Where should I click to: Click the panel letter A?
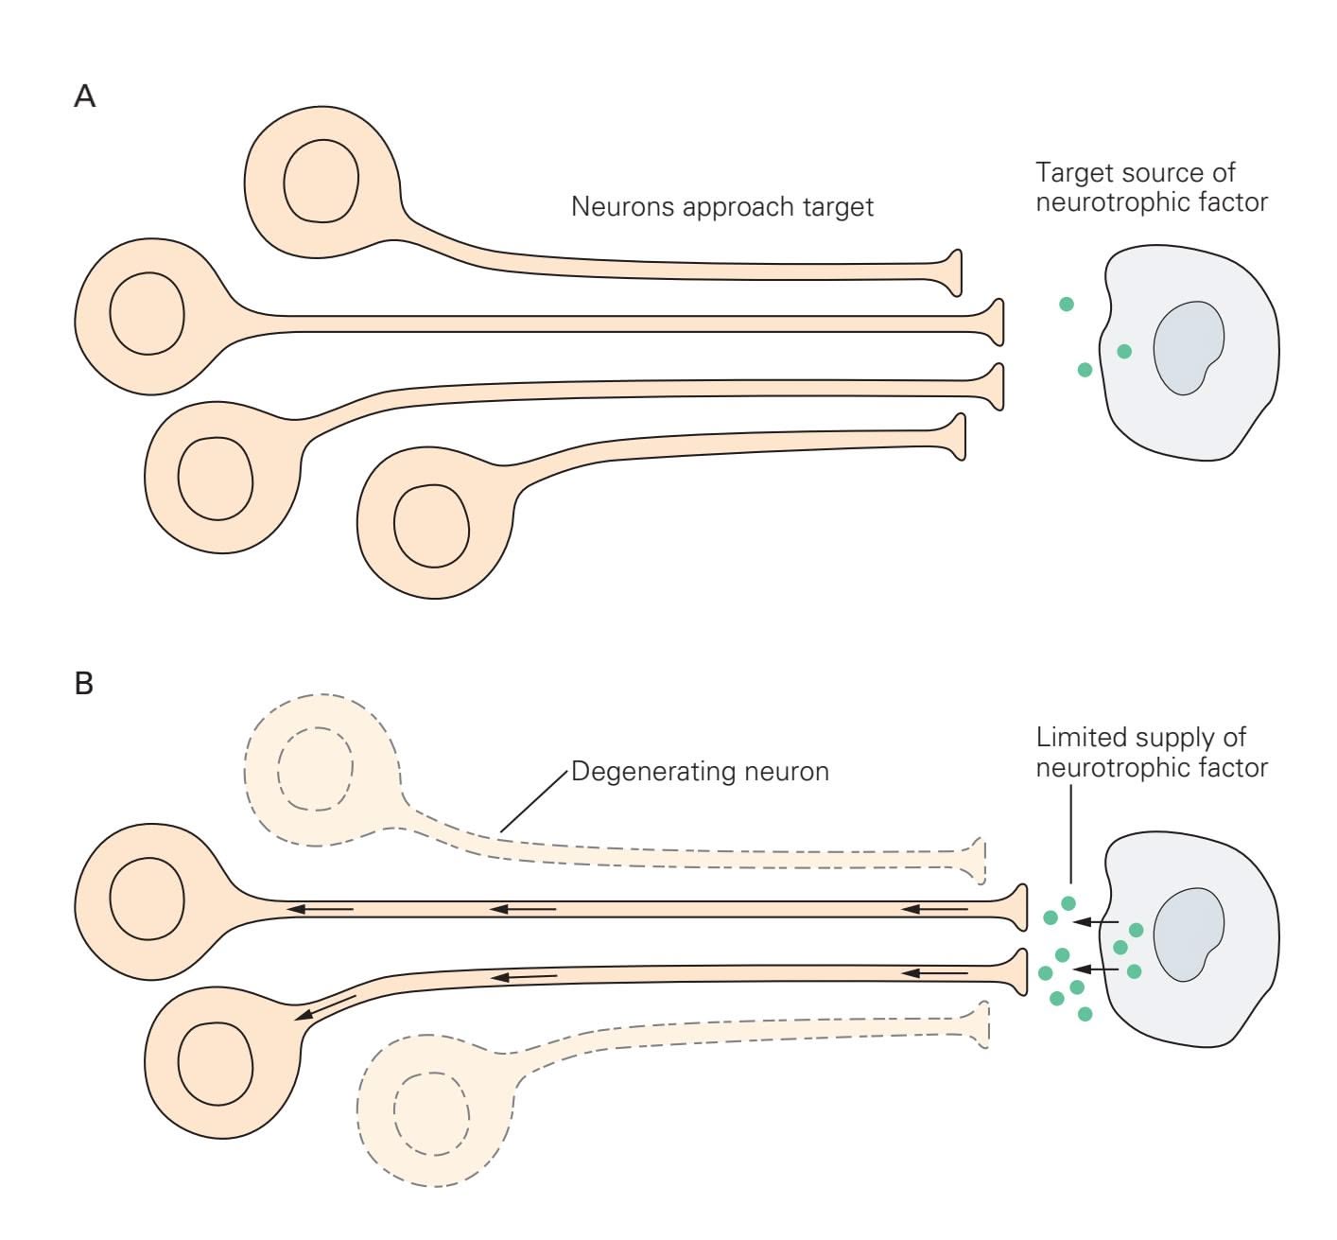click(85, 96)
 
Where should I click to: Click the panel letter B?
click(84, 683)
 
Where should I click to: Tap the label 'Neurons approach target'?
click(721, 206)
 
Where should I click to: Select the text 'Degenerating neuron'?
click(700, 771)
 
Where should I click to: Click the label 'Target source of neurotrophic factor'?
click(1150, 187)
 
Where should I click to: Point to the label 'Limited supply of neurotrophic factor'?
click(1150, 752)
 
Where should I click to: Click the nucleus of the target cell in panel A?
click(1188, 347)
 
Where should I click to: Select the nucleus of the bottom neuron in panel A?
click(431, 526)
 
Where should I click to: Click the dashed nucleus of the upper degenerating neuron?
click(315, 768)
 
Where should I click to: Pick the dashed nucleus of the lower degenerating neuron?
click(431, 1113)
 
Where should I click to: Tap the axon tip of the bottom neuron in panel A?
click(959, 437)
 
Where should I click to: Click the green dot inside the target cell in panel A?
click(1124, 352)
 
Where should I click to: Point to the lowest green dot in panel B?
click(1085, 1014)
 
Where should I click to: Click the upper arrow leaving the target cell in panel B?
click(1099, 921)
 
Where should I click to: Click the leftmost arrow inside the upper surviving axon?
click(321, 910)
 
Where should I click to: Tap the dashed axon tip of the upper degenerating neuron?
click(980, 860)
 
